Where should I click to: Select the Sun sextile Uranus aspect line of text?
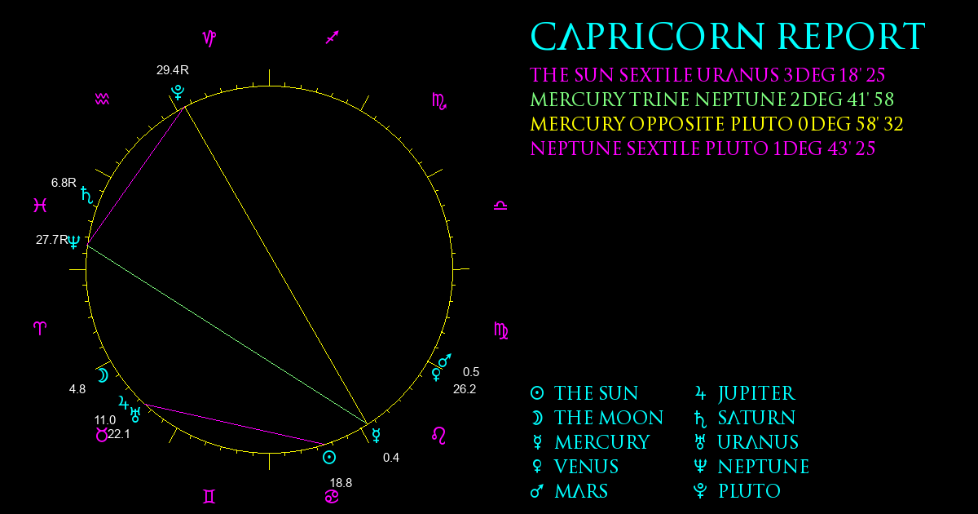(x=707, y=75)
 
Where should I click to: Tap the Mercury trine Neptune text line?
(x=711, y=100)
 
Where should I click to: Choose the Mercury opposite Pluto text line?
(x=716, y=124)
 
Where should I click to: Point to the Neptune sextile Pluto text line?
(x=703, y=148)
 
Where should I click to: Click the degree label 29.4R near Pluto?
(x=173, y=70)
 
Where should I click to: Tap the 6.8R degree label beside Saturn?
(x=64, y=182)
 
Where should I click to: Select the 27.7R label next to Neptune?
(x=52, y=240)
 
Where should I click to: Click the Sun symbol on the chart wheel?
(x=329, y=458)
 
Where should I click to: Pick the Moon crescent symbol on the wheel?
(x=103, y=375)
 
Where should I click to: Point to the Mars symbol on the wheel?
(x=444, y=361)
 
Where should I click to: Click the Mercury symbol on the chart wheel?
(x=376, y=436)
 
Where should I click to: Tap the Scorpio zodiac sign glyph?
(x=439, y=101)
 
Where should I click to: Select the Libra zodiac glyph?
(x=500, y=206)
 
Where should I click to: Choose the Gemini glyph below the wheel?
(x=209, y=497)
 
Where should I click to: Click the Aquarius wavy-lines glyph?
(x=102, y=100)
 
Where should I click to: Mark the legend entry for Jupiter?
(x=745, y=393)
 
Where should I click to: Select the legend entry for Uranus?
(x=747, y=442)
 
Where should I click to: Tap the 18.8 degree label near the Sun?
(x=341, y=483)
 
